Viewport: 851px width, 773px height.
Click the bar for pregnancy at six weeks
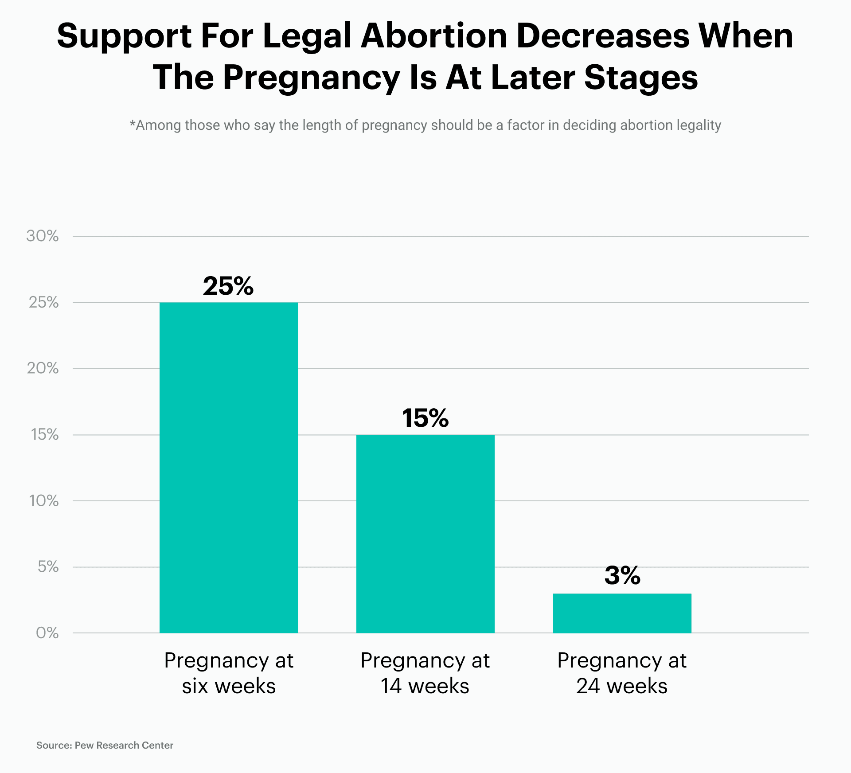click(x=228, y=468)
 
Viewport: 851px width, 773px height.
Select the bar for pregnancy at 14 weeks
click(x=425, y=534)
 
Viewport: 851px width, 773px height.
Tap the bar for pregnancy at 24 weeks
click(x=622, y=613)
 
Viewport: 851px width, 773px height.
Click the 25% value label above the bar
click(x=228, y=286)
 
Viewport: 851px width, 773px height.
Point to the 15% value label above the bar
click(x=425, y=418)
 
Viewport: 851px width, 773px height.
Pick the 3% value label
click(x=622, y=575)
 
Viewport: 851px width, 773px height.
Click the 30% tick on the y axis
click(x=43, y=236)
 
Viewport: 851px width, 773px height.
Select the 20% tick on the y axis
click(x=43, y=368)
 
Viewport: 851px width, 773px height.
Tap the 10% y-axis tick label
click(x=43, y=501)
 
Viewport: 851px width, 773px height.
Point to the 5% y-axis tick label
click(x=48, y=566)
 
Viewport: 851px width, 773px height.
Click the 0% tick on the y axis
click(x=47, y=633)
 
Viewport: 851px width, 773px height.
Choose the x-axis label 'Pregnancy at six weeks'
click(x=228, y=673)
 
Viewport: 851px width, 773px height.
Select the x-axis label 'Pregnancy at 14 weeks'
click(x=425, y=673)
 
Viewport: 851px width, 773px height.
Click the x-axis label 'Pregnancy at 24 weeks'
click(x=622, y=673)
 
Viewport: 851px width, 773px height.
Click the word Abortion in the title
click(x=433, y=36)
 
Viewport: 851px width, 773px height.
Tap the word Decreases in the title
click(x=603, y=36)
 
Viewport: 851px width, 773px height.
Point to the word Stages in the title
click(x=641, y=78)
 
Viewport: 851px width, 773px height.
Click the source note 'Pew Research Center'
click(x=124, y=745)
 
